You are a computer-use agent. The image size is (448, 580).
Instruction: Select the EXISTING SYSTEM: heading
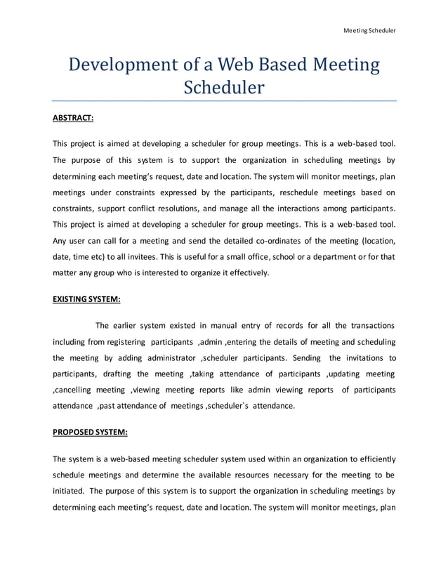[86, 298]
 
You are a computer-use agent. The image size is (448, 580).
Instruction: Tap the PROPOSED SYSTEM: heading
[88, 433]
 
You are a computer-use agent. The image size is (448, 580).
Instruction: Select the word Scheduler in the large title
[223, 88]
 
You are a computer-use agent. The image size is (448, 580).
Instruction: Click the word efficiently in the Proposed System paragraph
[372, 459]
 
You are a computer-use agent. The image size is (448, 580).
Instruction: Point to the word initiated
[70, 491]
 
